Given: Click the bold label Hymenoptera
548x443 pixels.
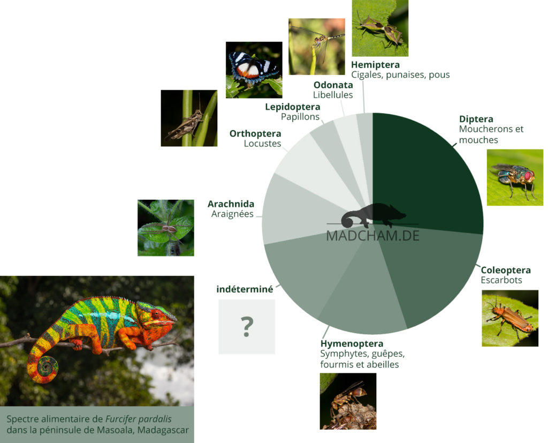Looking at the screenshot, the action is (352, 343).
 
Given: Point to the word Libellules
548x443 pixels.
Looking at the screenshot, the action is (333, 95).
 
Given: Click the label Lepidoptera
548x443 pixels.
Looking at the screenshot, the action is (293, 107).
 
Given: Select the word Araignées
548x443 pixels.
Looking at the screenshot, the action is (232, 214).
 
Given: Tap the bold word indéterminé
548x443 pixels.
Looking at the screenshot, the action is (245, 289).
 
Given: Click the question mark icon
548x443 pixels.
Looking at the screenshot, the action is (247, 326).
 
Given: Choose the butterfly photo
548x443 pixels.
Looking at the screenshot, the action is (254, 70).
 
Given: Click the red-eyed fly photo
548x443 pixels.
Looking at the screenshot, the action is (515, 177).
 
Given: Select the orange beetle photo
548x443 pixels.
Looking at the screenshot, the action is (510, 318).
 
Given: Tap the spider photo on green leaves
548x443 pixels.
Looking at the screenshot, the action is (166, 228).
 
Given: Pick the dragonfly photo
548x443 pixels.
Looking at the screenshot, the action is (317, 47).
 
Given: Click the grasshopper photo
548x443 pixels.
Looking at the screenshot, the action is (189, 118).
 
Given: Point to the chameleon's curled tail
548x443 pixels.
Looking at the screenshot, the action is (44, 368).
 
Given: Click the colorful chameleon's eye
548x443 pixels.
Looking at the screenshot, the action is (156, 314).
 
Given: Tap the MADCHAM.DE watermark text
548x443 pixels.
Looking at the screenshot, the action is (372, 236).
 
